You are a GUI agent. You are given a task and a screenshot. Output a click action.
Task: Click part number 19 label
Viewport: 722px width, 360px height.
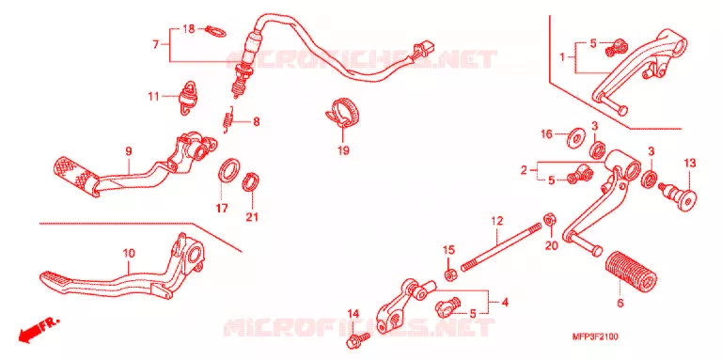(x=343, y=150)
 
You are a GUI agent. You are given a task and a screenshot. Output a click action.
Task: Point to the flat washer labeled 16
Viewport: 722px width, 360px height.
(x=573, y=137)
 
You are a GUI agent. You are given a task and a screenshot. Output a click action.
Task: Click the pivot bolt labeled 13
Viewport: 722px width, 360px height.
(x=679, y=196)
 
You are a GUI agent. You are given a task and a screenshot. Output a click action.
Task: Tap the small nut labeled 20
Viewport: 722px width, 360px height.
(x=549, y=220)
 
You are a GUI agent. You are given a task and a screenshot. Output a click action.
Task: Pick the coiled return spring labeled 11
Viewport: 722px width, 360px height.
(x=186, y=98)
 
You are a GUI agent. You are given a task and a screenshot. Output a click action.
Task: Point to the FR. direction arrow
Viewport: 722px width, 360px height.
(x=39, y=328)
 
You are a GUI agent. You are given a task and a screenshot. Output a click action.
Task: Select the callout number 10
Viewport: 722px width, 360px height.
(x=129, y=253)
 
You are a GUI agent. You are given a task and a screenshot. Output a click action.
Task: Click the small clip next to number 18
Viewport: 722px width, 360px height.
(x=215, y=30)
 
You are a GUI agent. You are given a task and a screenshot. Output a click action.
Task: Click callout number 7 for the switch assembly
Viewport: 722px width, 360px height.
(x=156, y=45)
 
